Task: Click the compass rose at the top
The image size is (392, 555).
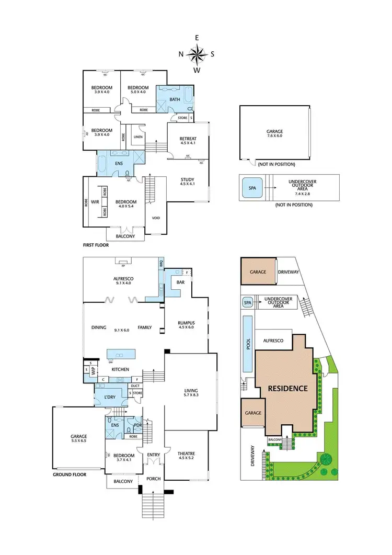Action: (x=197, y=54)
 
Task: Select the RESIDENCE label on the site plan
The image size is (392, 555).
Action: (x=288, y=389)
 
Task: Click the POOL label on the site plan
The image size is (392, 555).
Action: (x=248, y=343)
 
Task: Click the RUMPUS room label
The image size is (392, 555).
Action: (x=186, y=323)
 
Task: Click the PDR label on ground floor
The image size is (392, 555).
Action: (x=138, y=425)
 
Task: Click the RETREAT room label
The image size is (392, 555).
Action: (x=188, y=139)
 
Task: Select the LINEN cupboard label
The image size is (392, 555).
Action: (x=138, y=137)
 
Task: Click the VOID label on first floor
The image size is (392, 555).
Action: (x=156, y=218)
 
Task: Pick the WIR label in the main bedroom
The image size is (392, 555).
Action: (x=95, y=202)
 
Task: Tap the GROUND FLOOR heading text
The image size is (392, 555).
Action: (x=70, y=475)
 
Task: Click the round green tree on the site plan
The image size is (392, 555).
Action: (x=326, y=459)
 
